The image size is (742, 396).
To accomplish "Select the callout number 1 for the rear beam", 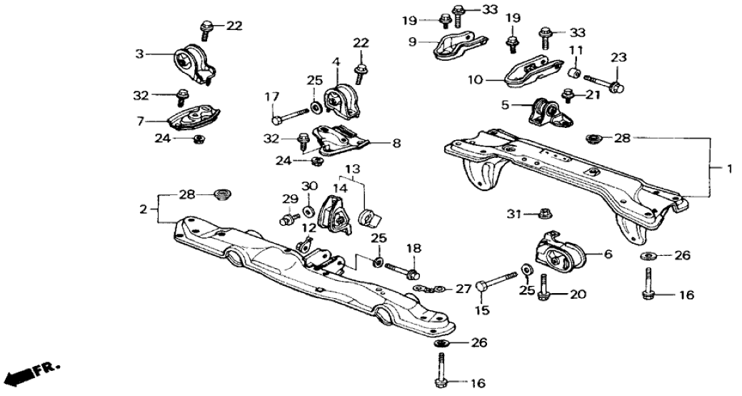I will coord(728,169).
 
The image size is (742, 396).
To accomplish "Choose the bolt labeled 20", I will coord(543,285).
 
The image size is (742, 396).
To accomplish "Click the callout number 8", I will coord(396,143).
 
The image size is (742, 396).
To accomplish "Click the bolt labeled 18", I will coord(401,272).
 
